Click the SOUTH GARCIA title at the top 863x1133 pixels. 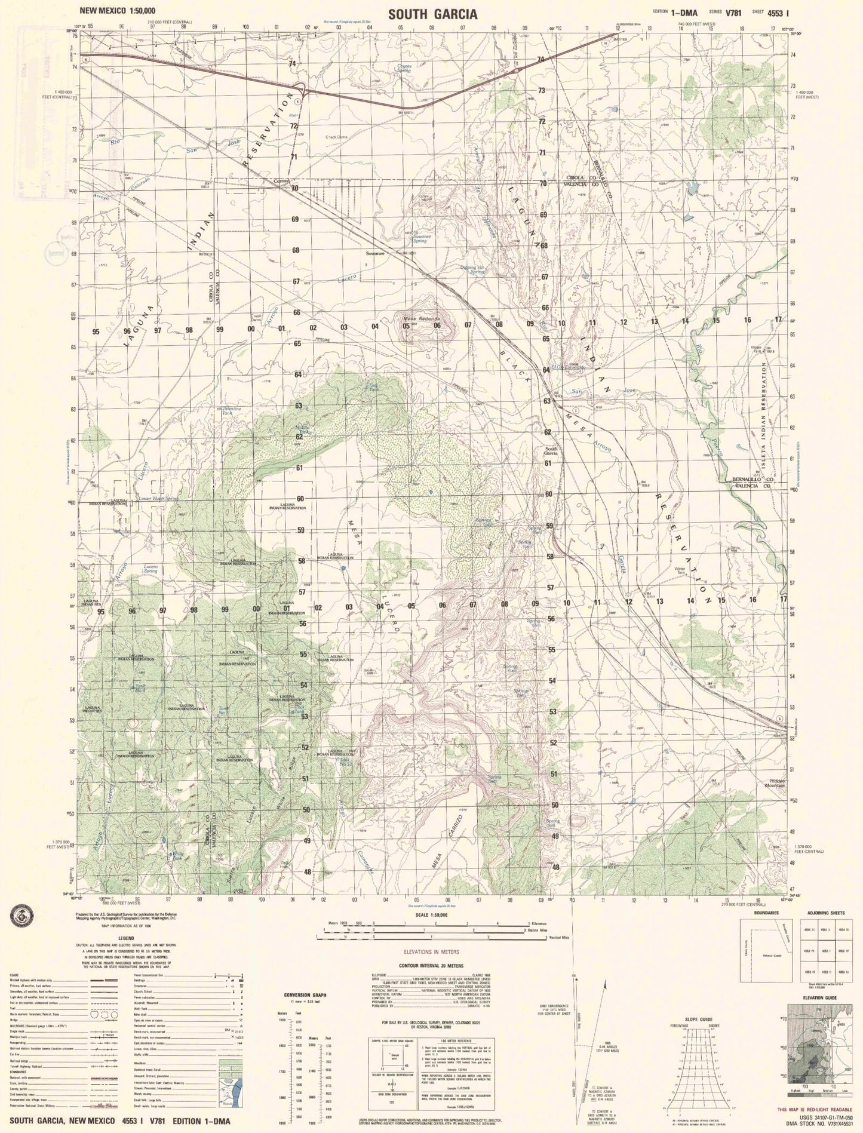tap(432, 14)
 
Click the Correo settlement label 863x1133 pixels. tap(280, 181)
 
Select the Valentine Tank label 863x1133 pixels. tap(231, 410)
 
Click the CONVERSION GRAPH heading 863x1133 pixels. tap(305, 996)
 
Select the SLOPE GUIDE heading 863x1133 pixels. tap(699, 1019)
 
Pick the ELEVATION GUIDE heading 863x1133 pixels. tap(819, 998)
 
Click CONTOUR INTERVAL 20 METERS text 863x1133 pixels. tap(425, 965)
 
